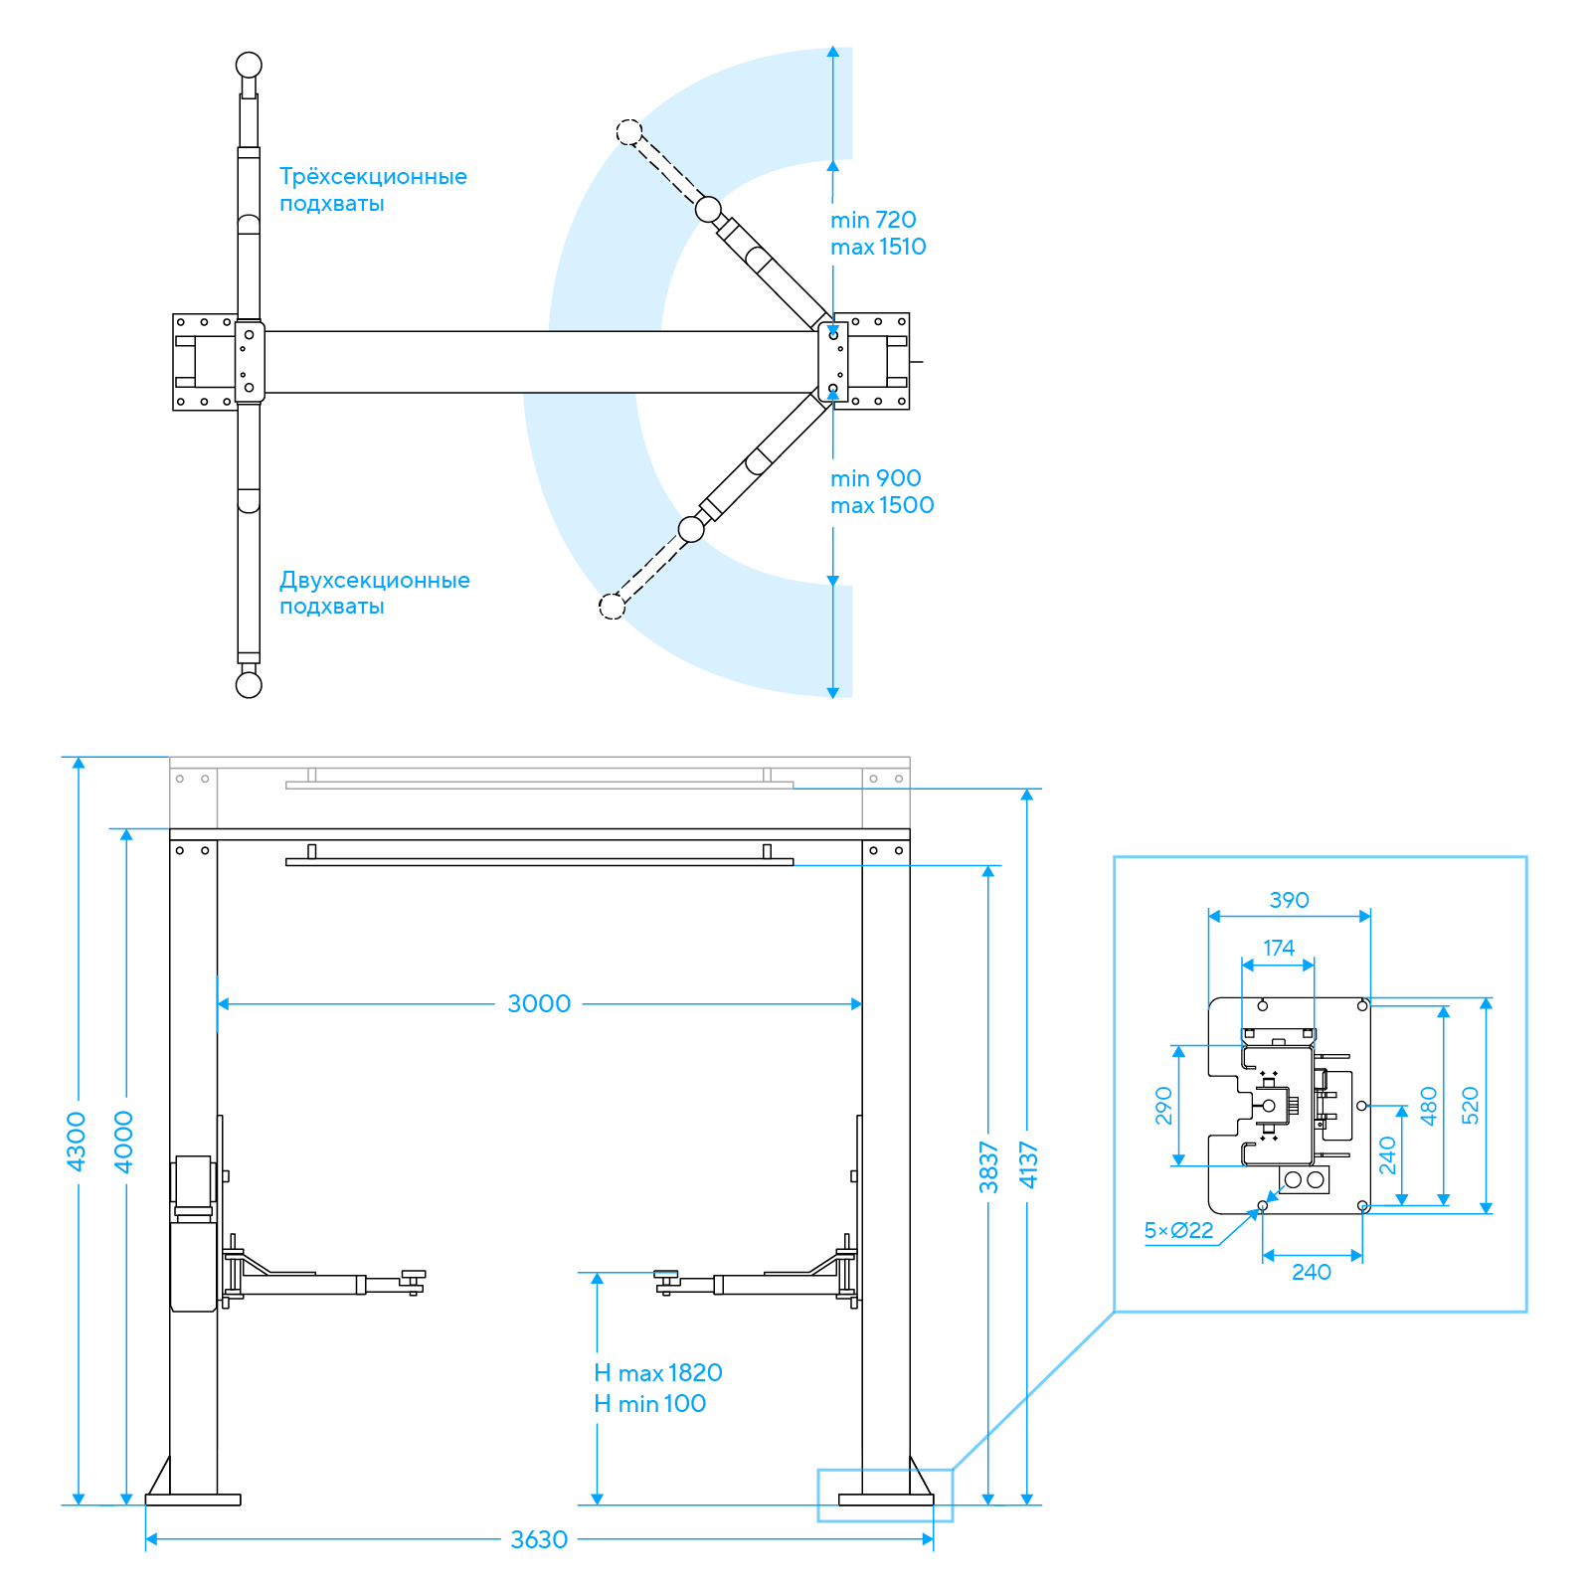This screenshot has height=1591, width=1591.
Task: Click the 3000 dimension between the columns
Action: pyautogui.click(x=539, y=1003)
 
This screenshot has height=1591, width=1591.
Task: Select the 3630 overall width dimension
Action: pyautogui.click(x=539, y=1539)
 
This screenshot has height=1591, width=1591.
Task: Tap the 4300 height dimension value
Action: pyautogui.click(x=77, y=1142)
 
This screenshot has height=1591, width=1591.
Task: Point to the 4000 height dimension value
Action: pyautogui.click(x=124, y=1142)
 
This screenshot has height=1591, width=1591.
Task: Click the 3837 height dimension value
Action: pyautogui.click(x=988, y=1166)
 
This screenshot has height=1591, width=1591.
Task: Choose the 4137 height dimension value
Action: pyautogui.click(x=1029, y=1164)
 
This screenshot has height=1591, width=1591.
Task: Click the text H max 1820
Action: pyautogui.click(x=658, y=1373)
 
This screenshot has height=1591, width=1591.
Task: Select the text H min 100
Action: pyautogui.click(x=650, y=1404)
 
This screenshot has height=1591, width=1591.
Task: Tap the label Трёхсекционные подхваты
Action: pyautogui.click(x=373, y=190)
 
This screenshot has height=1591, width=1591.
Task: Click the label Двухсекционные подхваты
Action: pyautogui.click(x=375, y=593)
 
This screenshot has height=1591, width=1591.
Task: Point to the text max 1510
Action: pyautogui.click(x=879, y=247)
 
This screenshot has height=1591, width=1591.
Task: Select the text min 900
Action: pyautogui.click(x=876, y=478)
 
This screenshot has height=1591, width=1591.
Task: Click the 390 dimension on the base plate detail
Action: pyautogui.click(x=1290, y=900)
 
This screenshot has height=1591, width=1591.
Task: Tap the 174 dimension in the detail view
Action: pyautogui.click(x=1279, y=948)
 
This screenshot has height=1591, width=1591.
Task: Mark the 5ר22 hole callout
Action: pyautogui.click(x=1179, y=1230)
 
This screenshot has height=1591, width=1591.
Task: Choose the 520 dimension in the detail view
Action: pyautogui.click(x=1471, y=1106)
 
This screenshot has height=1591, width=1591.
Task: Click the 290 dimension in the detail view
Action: pyautogui.click(x=1163, y=1106)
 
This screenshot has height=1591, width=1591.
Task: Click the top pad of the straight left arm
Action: pyautogui.click(x=249, y=66)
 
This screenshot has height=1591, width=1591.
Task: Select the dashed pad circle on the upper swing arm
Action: pyautogui.click(x=628, y=131)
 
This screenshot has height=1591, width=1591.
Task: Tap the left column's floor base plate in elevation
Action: pyautogui.click(x=193, y=1500)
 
